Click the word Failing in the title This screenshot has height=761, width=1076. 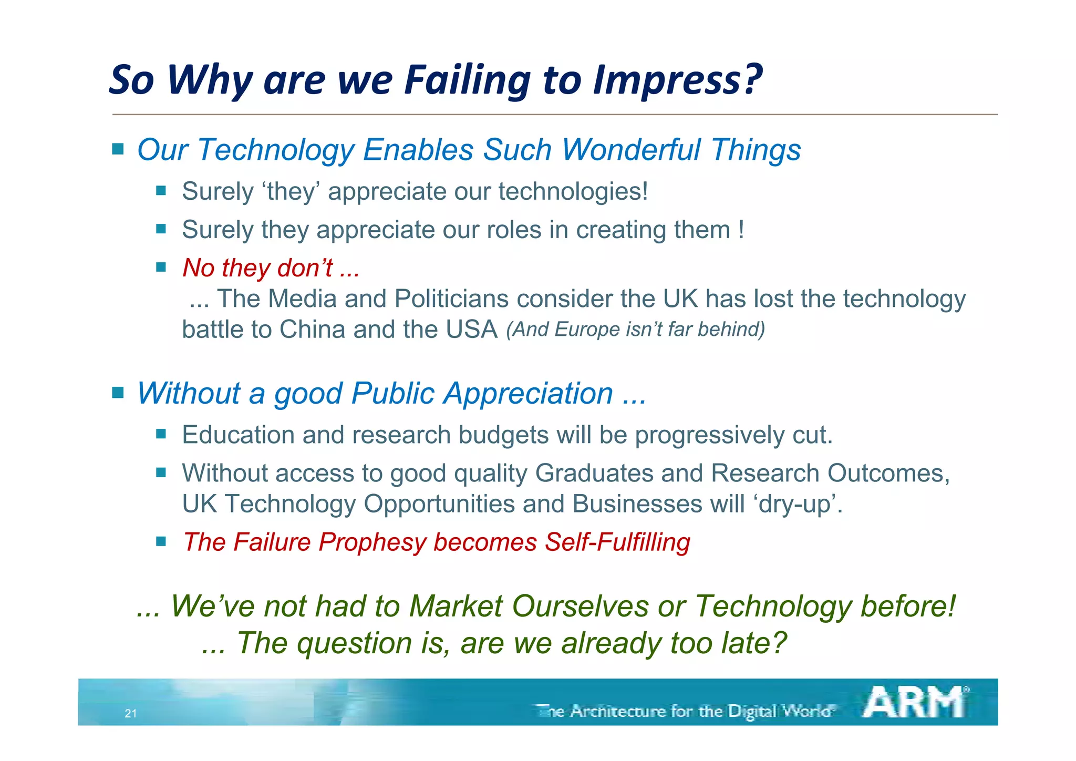[x=468, y=80]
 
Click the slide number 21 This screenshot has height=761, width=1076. [x=131, y=713]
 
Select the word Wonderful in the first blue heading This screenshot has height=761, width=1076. [x=630, y=150]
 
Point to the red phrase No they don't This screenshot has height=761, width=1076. [x=257, y=268]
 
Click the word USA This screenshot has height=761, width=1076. [x=471, y=330]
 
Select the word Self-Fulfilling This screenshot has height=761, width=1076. [x=617, y=542]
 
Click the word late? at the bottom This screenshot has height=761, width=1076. [x=754, y=643]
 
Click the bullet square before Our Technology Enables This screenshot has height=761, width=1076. [x=118, y=149]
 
